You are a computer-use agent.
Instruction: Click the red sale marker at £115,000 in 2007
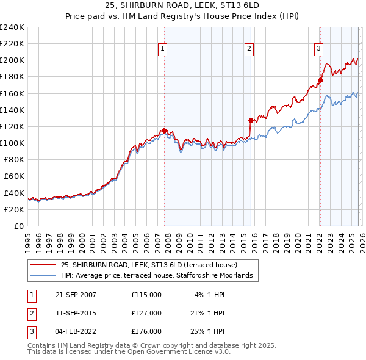[x=165, y=131]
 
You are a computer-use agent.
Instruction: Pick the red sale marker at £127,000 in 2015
[x=251, y=121]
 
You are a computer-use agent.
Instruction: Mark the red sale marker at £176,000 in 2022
[x=320, y=79]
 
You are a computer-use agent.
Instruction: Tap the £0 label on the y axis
[x=18, y=226]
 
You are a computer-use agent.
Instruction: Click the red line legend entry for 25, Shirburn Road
[x=153, y=265]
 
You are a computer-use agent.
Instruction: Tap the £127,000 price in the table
[x=146, y=313]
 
